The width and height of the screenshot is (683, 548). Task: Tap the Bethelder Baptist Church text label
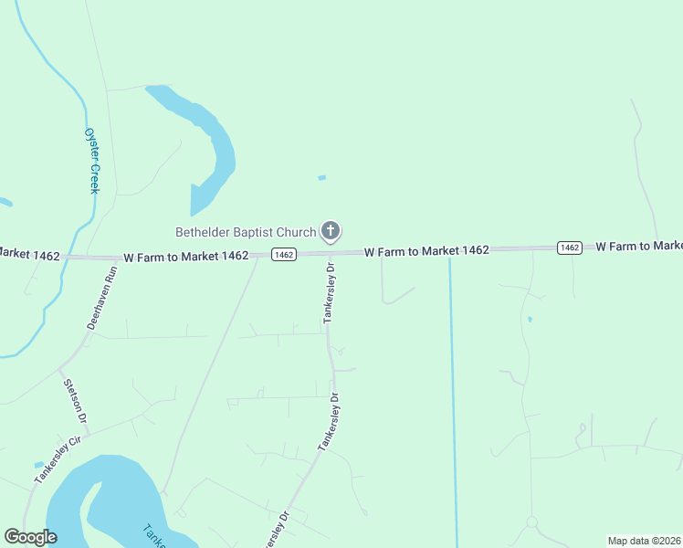click(246, 231)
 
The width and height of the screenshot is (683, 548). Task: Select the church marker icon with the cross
click(331, 231)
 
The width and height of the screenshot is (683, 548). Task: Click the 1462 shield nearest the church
click(283, 255)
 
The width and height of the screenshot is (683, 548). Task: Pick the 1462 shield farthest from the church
click(570, 248)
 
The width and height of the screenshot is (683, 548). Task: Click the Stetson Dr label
click(75, 400)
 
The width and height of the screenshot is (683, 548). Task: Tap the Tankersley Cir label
click(58, 460)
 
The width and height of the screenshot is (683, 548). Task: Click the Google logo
click(30, 537)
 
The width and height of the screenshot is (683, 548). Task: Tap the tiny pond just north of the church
click(321, 177)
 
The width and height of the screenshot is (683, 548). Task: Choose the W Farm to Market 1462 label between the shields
click(426, 250)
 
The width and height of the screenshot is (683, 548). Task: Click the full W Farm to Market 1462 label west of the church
click(185, 257)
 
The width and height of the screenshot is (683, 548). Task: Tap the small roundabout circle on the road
click(531, 522)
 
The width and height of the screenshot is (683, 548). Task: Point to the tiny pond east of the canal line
click(530, 320)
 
